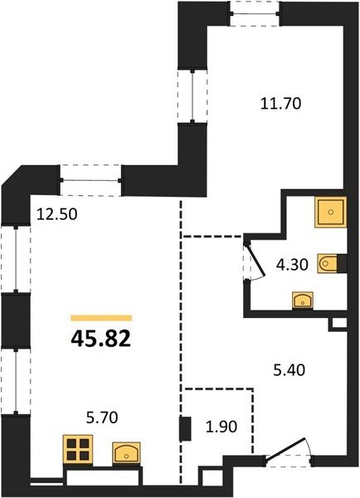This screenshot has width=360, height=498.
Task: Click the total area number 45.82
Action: tap(101, 339)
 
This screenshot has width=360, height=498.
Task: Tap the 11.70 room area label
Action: tap(280, 104)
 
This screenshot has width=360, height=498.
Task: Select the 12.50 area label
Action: tap(57, 214)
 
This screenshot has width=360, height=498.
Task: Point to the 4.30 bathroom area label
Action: tap(292, 265)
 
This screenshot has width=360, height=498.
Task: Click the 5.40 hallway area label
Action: tap(289, 370)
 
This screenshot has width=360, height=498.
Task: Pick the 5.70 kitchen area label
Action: tap(102, 417)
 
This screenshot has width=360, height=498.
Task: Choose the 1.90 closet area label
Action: tap(221, 427)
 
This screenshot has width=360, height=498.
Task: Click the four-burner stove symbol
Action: tap(78, 449)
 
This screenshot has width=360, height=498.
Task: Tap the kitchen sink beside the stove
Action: tap(126, 452)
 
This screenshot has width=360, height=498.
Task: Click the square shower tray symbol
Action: tap(331, 212)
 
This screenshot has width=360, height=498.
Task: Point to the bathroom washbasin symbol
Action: tap(303, 300)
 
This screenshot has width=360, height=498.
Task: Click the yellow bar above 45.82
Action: tap(101, 318)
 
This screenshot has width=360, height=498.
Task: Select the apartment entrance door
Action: tap(289, 452)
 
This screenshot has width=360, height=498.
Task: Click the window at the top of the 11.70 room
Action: tap(255, 13)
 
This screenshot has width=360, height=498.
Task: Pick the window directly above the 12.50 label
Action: tap(90, 180)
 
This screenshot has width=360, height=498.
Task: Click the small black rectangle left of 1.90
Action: tap(185, 429)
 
